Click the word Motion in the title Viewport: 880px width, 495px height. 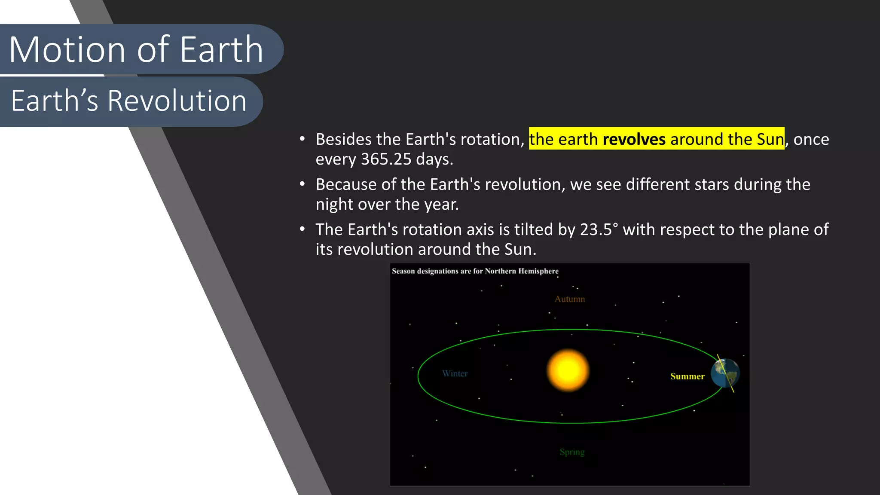click(x=67, y=50)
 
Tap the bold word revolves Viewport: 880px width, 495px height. click(x=634, y=140)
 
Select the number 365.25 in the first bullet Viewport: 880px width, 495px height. click(x=386, y=159)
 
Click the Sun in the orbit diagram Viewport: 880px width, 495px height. click(x=568, y=370)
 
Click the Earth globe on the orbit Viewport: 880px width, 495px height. click(x=725, y=373)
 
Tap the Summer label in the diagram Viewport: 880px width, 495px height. click(x=687, y=376)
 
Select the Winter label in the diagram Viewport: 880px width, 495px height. click(x=455, y=374)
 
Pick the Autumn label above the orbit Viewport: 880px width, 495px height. click(x=569, y=299)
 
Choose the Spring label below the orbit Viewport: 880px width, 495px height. click(x=572, y=452)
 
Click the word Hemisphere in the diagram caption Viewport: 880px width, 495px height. click(x=538, y=271)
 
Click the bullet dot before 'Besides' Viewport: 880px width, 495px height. click(x=302, y=139)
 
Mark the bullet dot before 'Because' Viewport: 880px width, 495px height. click(x=302, y=184)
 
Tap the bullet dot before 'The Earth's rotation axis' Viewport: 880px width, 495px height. click(x=302, y=229)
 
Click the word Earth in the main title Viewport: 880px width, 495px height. click(x=221, y=50)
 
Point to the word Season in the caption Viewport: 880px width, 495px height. click(x=403, y=271)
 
